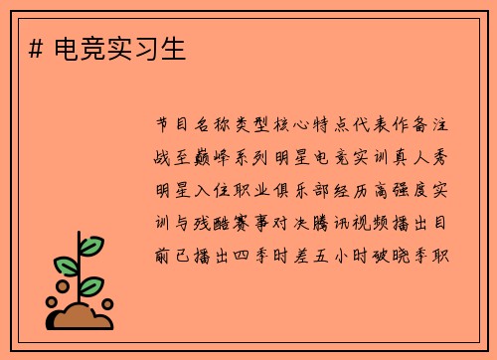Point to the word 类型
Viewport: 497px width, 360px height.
(x=255, y=125)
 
